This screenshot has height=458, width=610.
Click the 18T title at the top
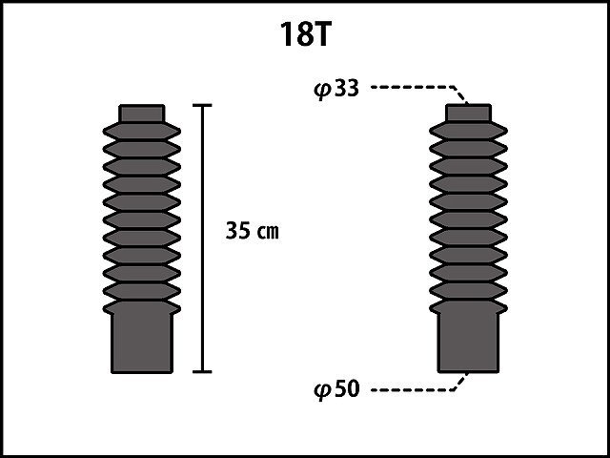coord(305,34)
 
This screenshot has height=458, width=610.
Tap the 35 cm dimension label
coord(252,231)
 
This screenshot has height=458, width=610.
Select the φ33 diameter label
coord(336,89)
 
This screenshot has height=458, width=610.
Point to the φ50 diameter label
coord(336,389)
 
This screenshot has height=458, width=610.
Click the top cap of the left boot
coord(142,114)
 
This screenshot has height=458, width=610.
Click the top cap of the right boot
coord(468,113)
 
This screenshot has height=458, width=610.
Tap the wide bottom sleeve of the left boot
coord(142,343)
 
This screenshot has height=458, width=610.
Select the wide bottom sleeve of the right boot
coord(468,343)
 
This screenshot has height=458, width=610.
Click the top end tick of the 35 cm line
coord(202,105)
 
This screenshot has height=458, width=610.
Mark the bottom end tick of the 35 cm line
coord(202,371)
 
